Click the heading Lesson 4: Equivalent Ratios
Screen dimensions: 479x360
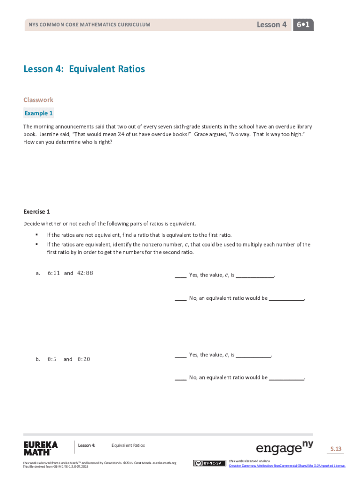click(x=84, y=69)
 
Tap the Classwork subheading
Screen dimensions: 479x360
click(x=38, y=100)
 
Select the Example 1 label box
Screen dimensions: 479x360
click(x=39, y=113)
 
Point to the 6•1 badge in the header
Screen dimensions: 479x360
click(x=303, y=25)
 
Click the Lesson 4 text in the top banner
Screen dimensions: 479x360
click(x=272, y=25)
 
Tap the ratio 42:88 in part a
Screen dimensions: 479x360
click(x=85, y=273)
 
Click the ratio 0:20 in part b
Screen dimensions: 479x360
click(x=84, y=359)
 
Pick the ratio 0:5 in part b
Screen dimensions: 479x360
click(x=52, y=359)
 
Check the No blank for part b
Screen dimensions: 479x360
click(x=180, y=378)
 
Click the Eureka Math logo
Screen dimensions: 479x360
click(x=41, y=448)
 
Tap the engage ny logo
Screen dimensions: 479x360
click(x=284, y=448)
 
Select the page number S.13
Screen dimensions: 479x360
click(x=336, y=449)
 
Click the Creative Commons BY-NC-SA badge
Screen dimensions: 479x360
click(x=209, y=463)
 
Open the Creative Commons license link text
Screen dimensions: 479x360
click(x=287, y=466)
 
